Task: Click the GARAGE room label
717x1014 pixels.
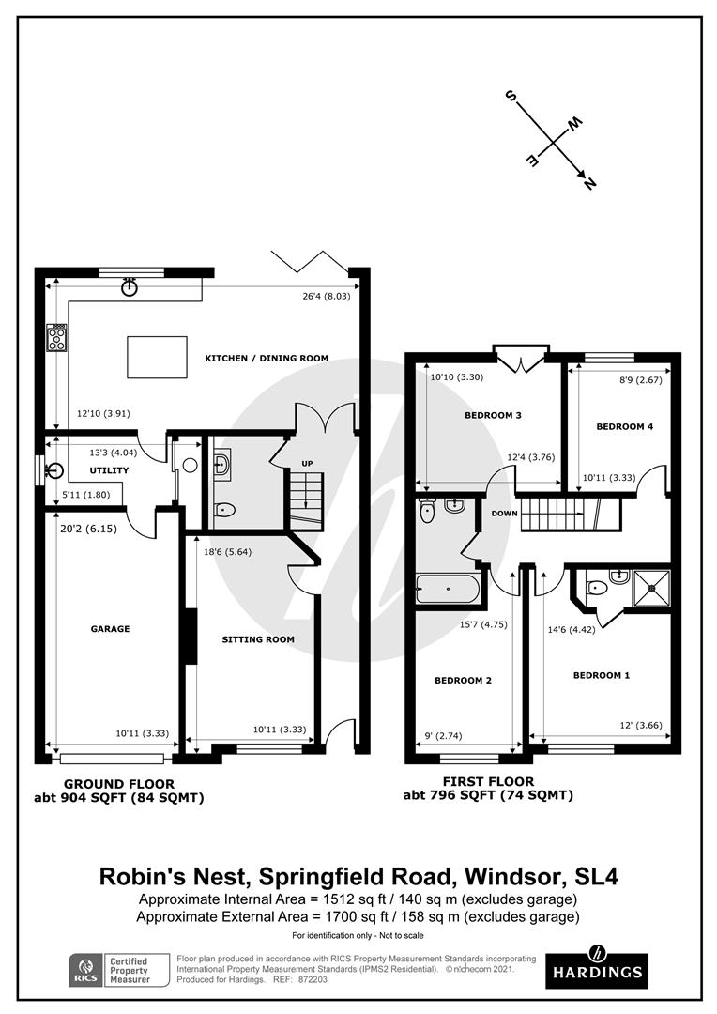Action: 110,628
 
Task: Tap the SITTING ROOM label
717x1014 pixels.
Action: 258,639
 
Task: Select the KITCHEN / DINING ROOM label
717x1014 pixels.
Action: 267,359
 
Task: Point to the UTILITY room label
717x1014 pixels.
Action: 109,470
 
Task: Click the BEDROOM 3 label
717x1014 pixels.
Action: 493,415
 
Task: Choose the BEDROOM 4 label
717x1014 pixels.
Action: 624,427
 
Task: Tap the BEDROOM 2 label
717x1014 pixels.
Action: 463,681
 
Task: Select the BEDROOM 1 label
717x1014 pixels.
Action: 602,675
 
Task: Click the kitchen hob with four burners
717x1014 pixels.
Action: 56,338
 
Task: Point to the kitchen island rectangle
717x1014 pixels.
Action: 157,357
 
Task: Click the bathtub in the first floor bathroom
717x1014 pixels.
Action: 448,589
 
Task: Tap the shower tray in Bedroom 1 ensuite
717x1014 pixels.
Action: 651,588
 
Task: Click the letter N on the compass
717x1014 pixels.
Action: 589,184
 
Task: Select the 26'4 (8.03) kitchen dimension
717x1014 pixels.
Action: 326,297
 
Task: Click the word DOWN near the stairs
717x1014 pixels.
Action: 504,514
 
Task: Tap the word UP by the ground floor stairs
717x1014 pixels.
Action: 307,464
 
